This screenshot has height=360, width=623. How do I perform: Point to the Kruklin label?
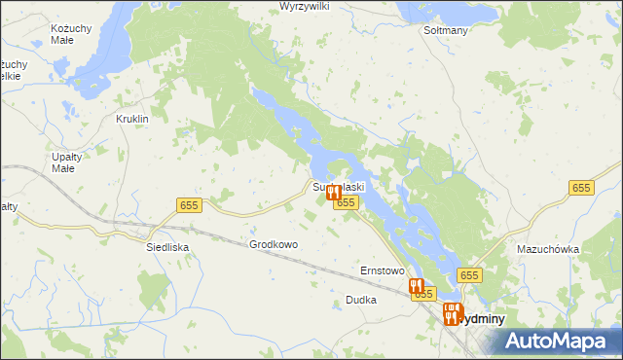pyautogui.click(x=131, y=119)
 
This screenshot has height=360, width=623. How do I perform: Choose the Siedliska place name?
pyautogui.click(x=167, y=247)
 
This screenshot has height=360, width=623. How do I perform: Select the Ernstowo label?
pyautogui.click(x=382, y=270)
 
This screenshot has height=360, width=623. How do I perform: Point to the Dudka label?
pyautogui.click(x=360, y=301)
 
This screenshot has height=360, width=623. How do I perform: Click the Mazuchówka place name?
pyautogui.click(x=548, y=249)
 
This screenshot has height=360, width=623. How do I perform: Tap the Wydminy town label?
pyautogui.click(x=481, y=318)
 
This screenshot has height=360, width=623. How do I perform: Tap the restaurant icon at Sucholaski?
pyautogui.click(x=334, y=193)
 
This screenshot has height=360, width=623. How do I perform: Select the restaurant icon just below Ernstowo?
pyautogui.click(x=416, y=286)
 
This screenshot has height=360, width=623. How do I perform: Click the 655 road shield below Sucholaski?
pyautogui.click(x=346, y=201)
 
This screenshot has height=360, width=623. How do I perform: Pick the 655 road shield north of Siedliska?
pyautogui.click(x=189, y=204)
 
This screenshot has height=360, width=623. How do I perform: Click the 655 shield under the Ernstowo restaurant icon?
pyautogui.click(x=422, y=294)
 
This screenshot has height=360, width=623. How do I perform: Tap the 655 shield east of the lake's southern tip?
pyautogui.click(x=470, y=275)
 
